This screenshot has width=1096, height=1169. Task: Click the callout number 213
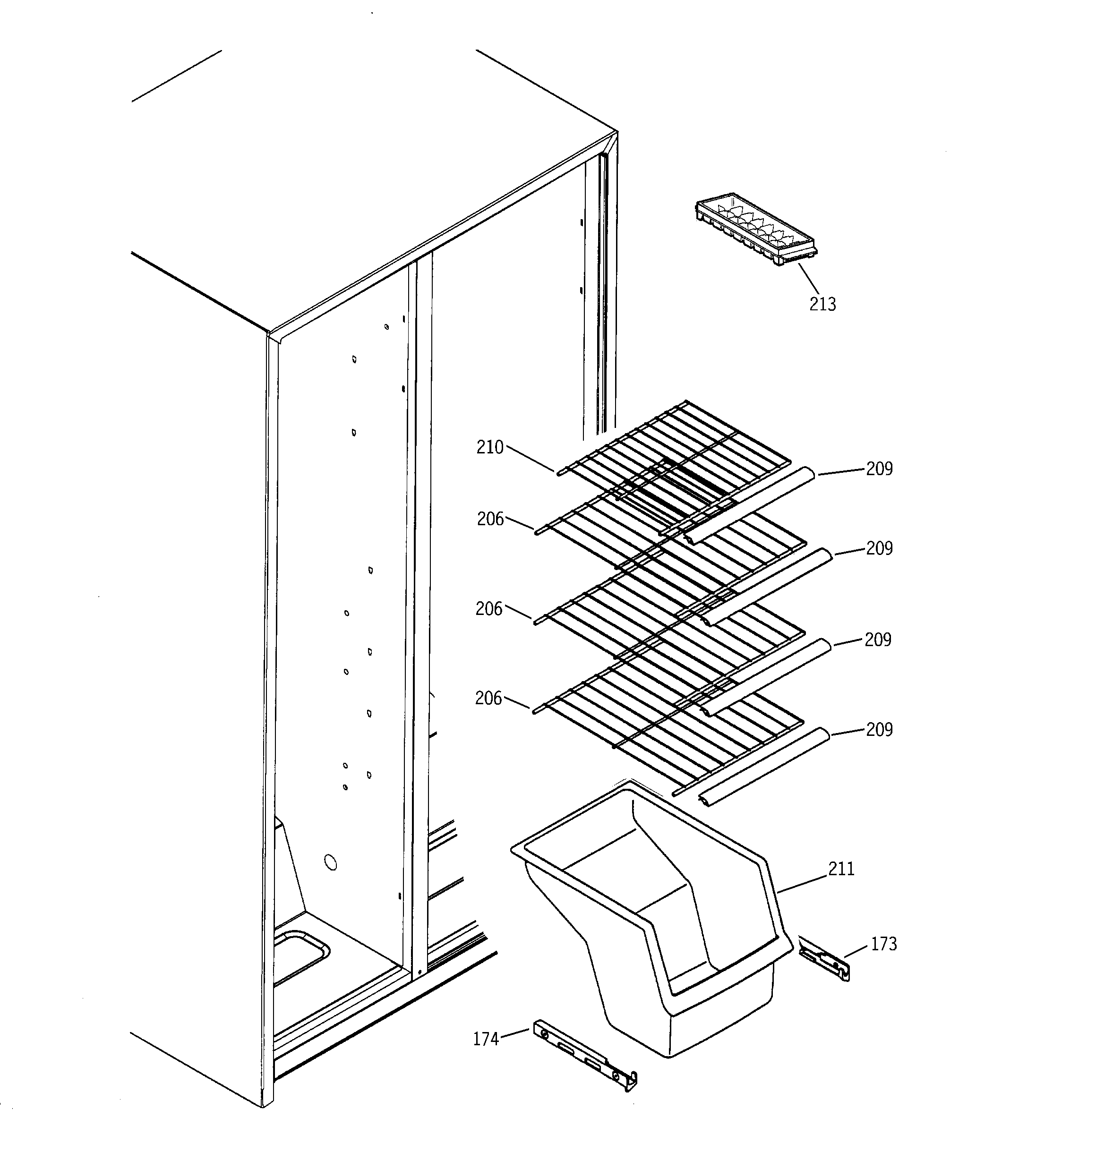coord(822,304)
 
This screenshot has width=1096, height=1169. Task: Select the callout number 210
coord(489,447)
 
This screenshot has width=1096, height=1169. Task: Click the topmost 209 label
coord(879,469)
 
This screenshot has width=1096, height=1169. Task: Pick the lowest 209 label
coord(879,729)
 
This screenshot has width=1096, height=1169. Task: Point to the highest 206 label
coord(490,519)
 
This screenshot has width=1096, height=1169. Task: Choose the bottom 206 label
coord(488,698)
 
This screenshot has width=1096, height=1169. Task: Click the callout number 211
coord(841,869)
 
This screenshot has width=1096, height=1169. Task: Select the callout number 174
coord(486,1039)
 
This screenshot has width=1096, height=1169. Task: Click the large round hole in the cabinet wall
coord(331,862)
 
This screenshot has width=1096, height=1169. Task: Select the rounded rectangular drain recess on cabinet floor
coord(300,956)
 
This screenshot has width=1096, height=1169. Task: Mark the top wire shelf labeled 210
coord(676,453)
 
